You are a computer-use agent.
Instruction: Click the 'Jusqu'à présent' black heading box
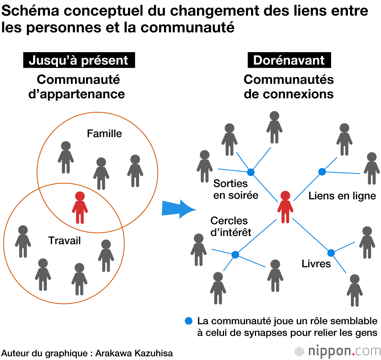point(78,61)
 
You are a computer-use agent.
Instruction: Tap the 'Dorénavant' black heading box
point(289,61)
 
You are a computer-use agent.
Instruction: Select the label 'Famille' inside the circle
point(104,134)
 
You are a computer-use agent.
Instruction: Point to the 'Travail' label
point(65,241)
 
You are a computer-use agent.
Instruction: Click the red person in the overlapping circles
point(80,207)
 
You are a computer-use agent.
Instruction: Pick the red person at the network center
point(285,207)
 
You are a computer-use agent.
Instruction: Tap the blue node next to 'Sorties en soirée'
point(250,172)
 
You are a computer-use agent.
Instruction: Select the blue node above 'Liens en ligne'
point(322,172)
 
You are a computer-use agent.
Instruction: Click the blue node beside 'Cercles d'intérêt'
point(235,254)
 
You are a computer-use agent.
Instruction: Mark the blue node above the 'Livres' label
point(331,253)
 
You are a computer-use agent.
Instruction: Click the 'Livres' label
point(316,263)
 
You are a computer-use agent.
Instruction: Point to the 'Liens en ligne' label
point(342,196)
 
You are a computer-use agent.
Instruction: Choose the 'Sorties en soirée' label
point(235,189)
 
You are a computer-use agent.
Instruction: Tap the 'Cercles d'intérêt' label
point(231,226)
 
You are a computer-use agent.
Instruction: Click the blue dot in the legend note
point(188,321)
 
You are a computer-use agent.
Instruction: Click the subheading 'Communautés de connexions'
point(289,87)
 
